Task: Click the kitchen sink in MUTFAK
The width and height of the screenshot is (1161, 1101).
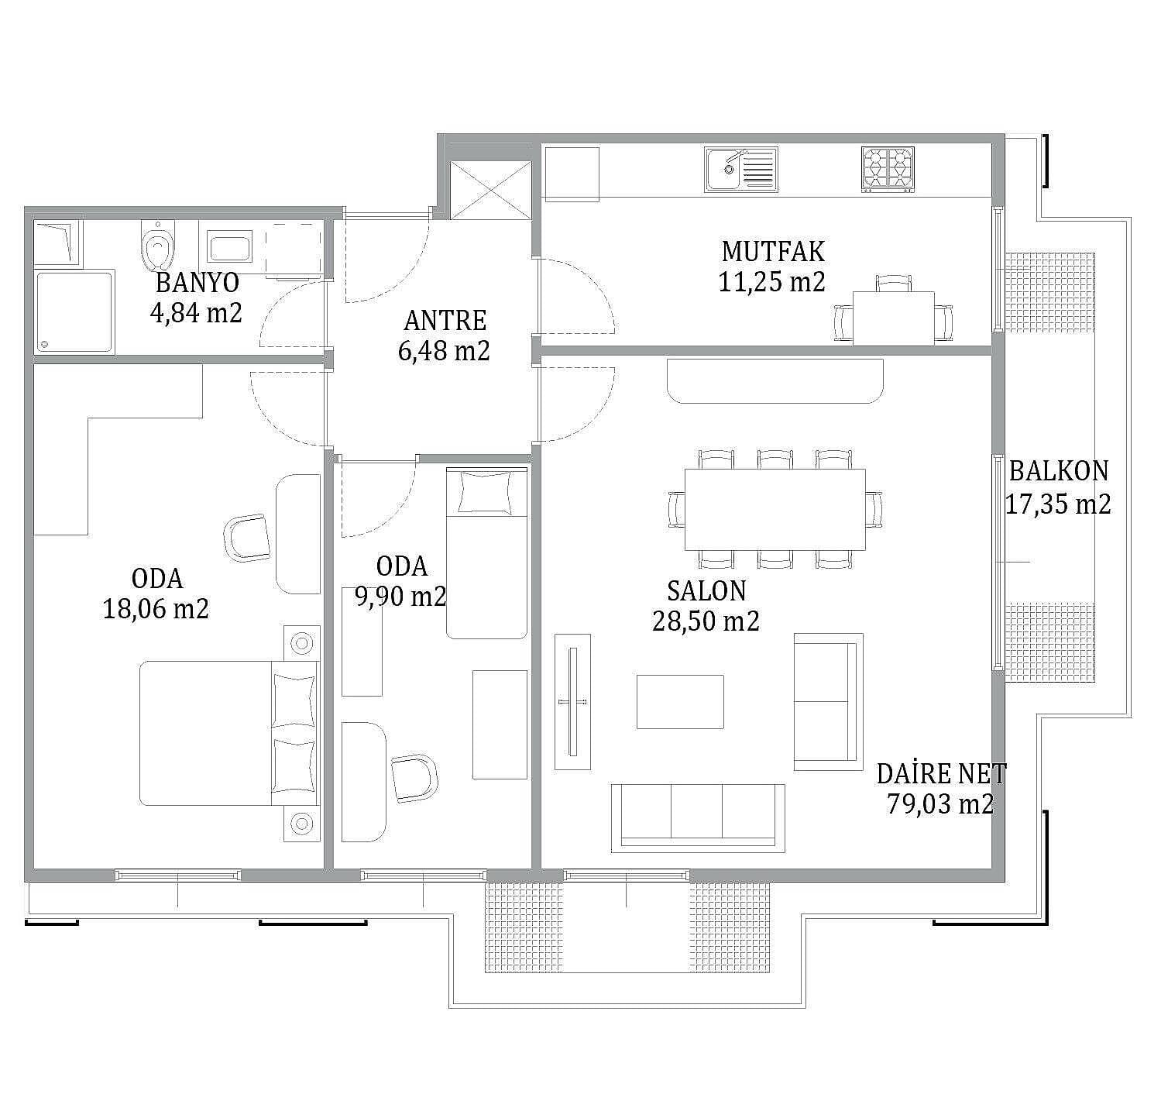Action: (740, 170)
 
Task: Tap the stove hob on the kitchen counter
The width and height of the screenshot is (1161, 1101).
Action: (888, 169)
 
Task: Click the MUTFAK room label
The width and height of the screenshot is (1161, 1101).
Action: (772, 252)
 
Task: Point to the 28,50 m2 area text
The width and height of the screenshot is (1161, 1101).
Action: (706, 621)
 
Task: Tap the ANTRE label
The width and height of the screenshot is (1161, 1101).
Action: (445, 321)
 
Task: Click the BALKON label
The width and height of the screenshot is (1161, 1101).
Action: (1058, 471)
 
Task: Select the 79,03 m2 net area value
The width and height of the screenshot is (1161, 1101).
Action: (940, 803)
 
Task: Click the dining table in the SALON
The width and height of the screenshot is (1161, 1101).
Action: (775, 509)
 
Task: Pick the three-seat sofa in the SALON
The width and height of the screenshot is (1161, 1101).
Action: (697, 818)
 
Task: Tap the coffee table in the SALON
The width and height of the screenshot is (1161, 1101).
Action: (680, 701)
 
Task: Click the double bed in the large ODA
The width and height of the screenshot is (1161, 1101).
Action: (229, 733)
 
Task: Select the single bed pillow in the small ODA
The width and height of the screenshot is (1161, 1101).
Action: (484, 492)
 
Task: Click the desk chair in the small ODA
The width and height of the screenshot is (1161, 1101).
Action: (414, 778)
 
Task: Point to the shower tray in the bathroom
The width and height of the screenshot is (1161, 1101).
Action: (74, 312)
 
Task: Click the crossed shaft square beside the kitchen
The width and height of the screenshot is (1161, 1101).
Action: (491, 191)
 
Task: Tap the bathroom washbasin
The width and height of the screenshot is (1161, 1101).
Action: (229, 248)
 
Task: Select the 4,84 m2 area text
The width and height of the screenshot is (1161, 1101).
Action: (196, 312)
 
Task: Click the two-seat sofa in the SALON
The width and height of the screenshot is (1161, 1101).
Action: (828, 702)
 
